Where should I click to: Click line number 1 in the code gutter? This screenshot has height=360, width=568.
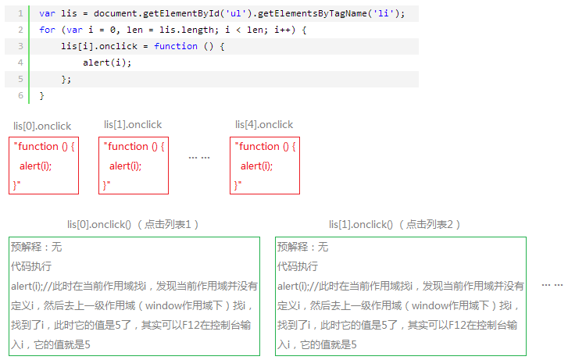point(20,13)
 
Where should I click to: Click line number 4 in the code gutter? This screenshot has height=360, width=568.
point(20,62)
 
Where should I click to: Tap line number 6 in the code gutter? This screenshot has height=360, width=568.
point(20,95)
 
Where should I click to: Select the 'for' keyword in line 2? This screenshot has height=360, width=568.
point(47,30)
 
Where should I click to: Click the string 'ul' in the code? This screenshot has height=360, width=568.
point(236,13)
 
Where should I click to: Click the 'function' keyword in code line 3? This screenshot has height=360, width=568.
point(176,46)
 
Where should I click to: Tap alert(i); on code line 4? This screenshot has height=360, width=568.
point(107,62)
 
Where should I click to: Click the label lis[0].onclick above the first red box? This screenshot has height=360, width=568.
point(42,126)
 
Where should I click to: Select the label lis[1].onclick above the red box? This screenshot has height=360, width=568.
point(133,125)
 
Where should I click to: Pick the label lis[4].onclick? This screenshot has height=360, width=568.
point(264,125)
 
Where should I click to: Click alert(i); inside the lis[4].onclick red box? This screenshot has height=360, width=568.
point(256,166)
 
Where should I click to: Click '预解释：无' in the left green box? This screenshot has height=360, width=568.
point(36,247)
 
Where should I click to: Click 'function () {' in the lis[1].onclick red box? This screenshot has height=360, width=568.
point(135,146)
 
